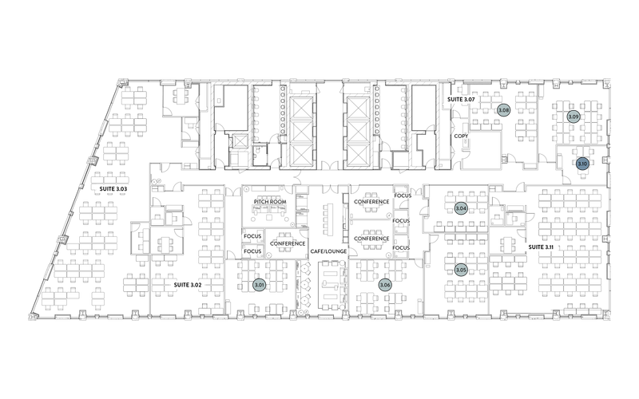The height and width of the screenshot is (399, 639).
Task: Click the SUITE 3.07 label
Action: point(461,99)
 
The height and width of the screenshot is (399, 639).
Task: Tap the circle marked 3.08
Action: point(503,110)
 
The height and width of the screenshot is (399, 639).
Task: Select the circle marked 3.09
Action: point(573,117)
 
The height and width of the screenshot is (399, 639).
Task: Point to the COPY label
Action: point(461,136)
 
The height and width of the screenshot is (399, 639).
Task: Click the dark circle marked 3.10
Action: point(582,164)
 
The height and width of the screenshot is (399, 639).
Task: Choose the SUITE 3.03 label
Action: point(113,189)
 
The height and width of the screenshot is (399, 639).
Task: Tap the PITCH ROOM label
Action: point(270,202)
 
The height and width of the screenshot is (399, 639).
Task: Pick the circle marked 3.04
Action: point(461,208)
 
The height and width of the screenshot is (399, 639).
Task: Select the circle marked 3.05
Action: point(461,271)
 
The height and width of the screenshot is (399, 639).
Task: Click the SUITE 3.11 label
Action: point(541,247)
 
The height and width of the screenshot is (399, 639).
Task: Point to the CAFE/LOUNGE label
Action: point(328,251)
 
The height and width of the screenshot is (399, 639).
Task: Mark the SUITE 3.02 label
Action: point(188,285)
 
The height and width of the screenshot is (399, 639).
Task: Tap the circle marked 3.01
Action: point(259,285)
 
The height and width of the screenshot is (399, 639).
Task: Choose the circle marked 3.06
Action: point(385,285)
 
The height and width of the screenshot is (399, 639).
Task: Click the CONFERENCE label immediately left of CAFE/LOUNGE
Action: point(288,243)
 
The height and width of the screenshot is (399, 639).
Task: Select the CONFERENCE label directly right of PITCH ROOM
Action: point(371,202)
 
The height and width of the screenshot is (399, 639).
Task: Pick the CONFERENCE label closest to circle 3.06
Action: point(371,239)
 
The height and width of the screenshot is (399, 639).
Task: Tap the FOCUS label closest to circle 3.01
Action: point(252,251)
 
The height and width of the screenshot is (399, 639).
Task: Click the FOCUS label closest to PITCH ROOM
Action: point(252,236)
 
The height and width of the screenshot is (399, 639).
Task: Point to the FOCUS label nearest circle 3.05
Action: point(401,247)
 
